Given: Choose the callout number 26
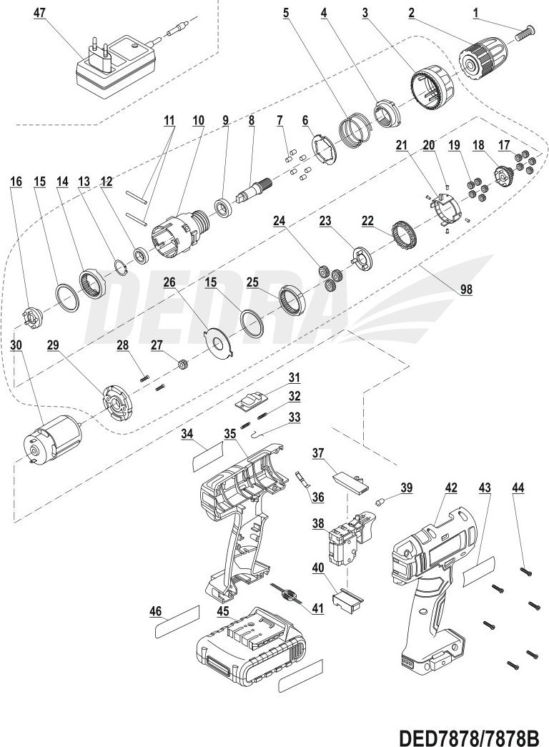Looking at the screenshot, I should click(169, 282).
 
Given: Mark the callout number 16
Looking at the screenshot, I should click(16, 182).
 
